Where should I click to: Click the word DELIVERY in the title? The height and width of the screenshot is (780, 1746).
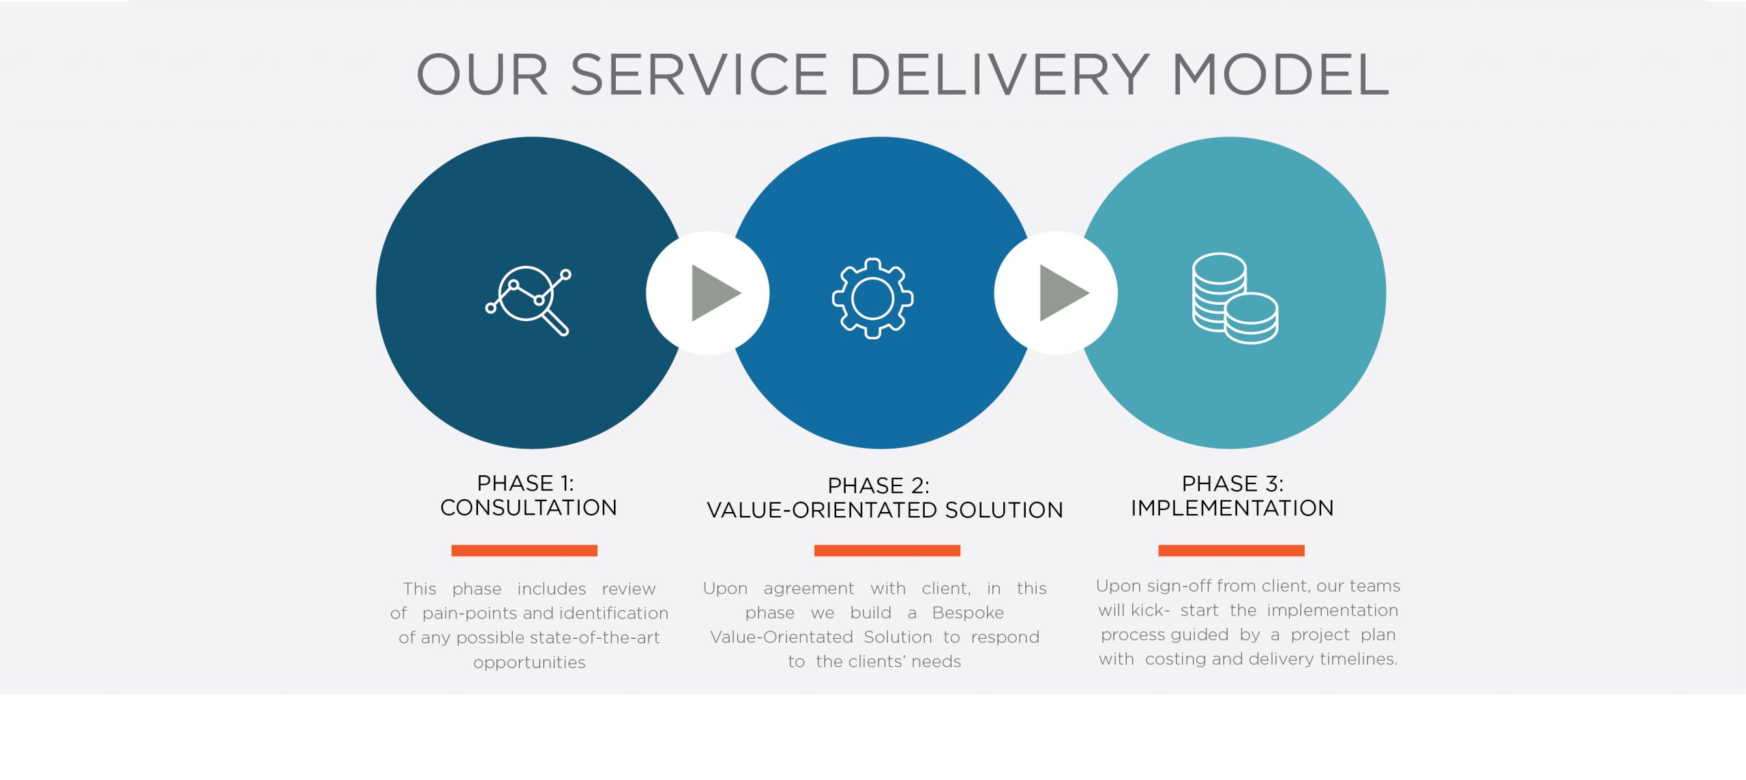click(999, 74)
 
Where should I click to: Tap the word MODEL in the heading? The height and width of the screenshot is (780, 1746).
click(1281, 74)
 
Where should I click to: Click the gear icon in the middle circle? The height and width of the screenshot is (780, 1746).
click(873, 298)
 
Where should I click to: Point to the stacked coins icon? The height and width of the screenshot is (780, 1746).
click(1235, 298)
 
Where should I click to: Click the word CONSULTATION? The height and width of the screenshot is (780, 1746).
click(529, 508)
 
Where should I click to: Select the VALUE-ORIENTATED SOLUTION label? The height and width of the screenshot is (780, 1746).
click(885, 510)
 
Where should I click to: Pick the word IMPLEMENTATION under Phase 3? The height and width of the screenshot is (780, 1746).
click(1232, 508)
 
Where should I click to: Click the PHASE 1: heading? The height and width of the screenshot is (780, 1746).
click(525, 483)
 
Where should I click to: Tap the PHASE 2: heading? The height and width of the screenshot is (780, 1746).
click(878, 485)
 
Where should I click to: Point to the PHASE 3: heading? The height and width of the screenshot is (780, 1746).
click(1232, 483)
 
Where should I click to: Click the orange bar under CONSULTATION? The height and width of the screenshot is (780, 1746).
click(524, 550)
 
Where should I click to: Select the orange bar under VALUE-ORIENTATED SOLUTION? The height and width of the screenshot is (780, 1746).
click(887, 550)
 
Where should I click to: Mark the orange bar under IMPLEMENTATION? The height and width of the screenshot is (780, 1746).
click(1231, 550)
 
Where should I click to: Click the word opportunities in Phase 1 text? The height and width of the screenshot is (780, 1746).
click(529, 663)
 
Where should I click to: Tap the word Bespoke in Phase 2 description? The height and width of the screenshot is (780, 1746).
click(968, 613)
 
